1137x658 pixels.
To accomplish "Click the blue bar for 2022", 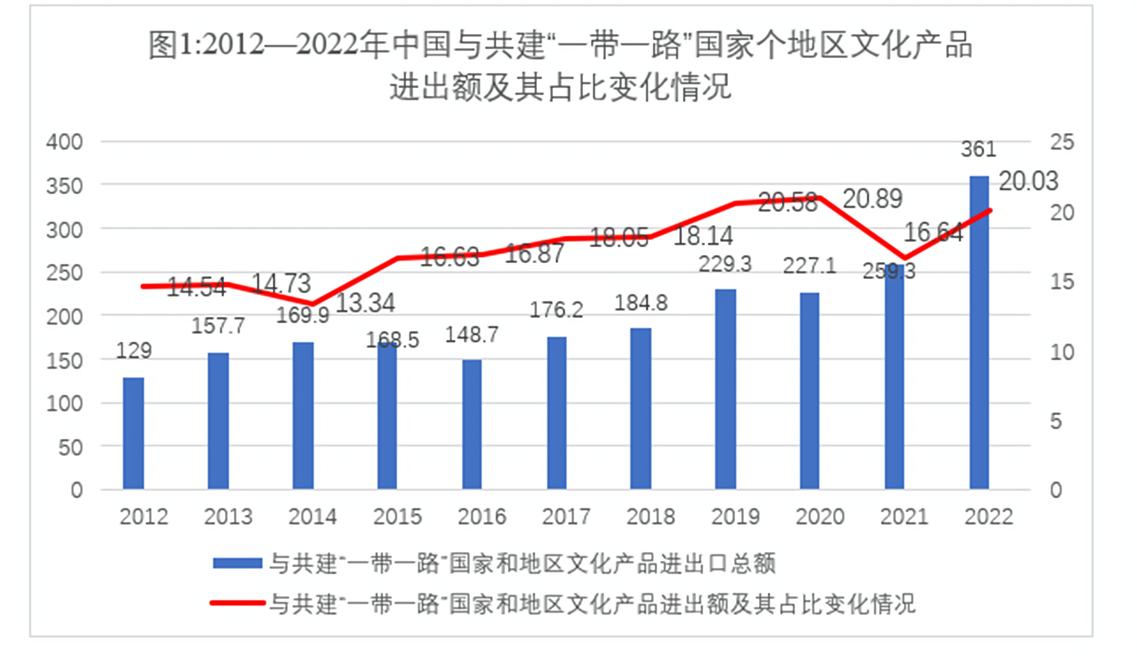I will click(x=979, y=333).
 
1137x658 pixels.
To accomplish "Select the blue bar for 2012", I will click(x=134, y=434).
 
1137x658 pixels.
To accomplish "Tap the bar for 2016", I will click(x=472, y=425).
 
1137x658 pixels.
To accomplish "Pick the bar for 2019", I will click(x=725, y=390).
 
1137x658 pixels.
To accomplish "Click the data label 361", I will click(x=979, y=149).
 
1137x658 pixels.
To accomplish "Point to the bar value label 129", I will click(x=134, y=351).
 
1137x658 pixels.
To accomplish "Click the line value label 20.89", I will click(x=873, y=199).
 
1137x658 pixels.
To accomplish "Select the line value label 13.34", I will click(x=366, y=303).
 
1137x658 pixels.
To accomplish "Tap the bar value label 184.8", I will click(x=641, y=303).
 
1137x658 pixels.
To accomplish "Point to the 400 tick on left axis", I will click(x=65, y=142).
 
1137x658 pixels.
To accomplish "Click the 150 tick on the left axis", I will click(x=65, y=361).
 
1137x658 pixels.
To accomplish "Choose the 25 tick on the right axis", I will click(x=1062, y=142).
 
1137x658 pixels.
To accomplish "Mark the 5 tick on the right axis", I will click(x=1056, y=421).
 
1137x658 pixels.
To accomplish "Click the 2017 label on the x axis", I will click(x=566, y=517).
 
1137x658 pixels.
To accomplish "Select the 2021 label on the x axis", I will click(x=904, y=517).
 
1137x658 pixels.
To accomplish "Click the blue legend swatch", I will click(x=237, y=563).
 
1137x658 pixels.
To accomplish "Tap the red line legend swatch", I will click(x=237, y=603).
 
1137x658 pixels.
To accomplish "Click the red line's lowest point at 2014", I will click(x=313, y=304).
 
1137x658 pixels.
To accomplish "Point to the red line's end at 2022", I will click(x=989, y=210).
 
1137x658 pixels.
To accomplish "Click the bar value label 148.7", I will click(x=472, y=335).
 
